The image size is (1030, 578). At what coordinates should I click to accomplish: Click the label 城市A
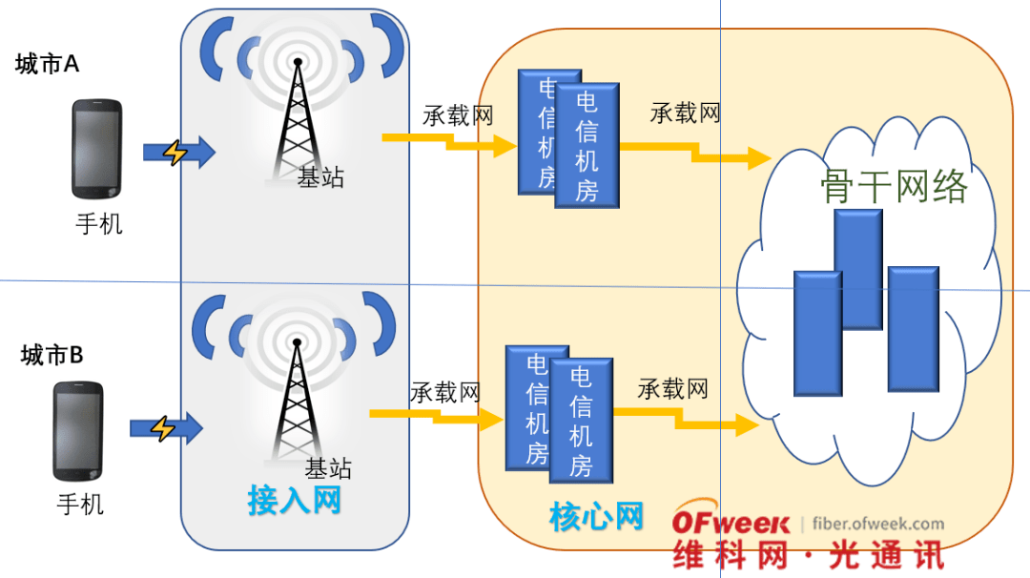pos(48,65)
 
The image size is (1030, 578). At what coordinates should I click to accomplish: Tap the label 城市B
pos(52,357)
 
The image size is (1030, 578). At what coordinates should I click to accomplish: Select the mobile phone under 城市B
pos(78,430)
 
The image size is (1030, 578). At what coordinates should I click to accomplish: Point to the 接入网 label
pos(294,500)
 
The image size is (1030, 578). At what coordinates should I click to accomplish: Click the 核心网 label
pos(596,517)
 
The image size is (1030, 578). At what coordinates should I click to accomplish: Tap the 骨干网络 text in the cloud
pos(894,186)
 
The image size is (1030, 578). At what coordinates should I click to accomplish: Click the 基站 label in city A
pos(320,177)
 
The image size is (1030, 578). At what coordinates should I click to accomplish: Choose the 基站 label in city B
pos(328,468)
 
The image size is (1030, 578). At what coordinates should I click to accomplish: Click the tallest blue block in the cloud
pos(858,269)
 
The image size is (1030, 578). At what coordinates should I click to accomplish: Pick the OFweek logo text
pos(731,523)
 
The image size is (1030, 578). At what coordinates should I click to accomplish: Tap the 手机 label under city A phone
pos(99,224)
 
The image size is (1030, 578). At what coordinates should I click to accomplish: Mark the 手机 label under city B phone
pos(80,504)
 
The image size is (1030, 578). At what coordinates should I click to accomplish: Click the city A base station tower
pos(297,119)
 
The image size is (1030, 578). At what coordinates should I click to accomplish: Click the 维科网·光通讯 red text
pos(807,555)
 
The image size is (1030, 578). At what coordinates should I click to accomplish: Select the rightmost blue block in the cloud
pos(914,329)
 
